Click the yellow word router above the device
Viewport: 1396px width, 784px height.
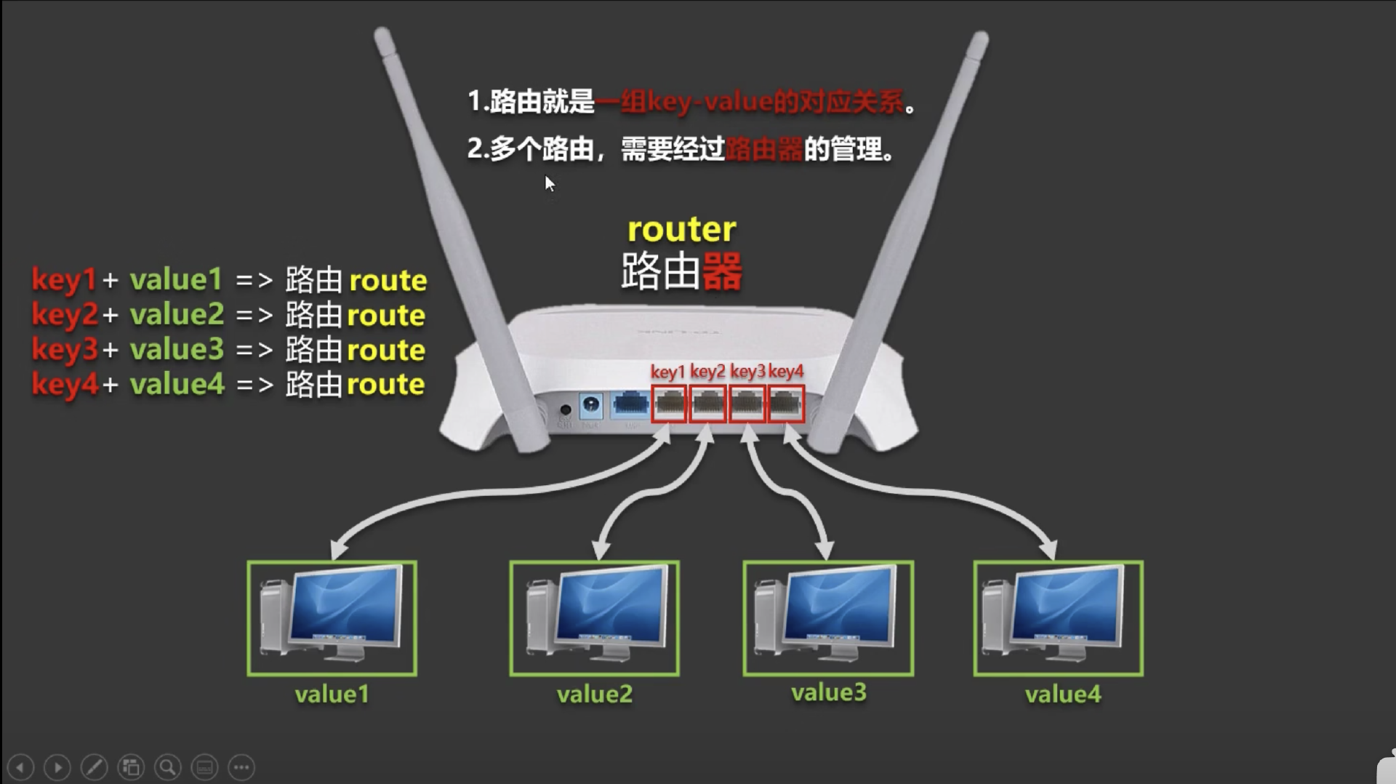(x=681, y=230)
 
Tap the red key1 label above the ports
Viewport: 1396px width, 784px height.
(x=667, y=372)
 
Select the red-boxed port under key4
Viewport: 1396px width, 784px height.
(x=786, y=404)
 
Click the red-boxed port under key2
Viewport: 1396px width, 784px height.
(x=707, y=404)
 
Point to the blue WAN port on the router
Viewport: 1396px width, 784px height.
(x=630, y=404)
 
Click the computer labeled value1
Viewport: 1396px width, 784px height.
(x=332, y=618)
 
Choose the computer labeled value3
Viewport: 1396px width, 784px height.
(x=827, y=618)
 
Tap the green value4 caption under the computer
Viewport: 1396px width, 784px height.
(x=1062, y=695)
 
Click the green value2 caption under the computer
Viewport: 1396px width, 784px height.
(x=594, y=695)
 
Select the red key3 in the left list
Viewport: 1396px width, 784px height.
(x=64, y=350)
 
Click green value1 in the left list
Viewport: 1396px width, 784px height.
(x=176, y=280)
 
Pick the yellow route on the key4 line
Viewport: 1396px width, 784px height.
(x=385, y=384)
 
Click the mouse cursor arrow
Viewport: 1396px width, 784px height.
(x=549, y=183)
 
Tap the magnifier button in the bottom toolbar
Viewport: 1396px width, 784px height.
(x=167, y=767)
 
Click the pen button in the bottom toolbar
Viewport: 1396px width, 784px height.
(x=94, y=767)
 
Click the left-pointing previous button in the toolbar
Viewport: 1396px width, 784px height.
(x=20, y=767)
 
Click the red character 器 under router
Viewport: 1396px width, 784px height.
(x=722, y=271)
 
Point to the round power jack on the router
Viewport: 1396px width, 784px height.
(x=590, y=404)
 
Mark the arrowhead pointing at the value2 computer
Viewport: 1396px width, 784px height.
(x=601, y=551)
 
